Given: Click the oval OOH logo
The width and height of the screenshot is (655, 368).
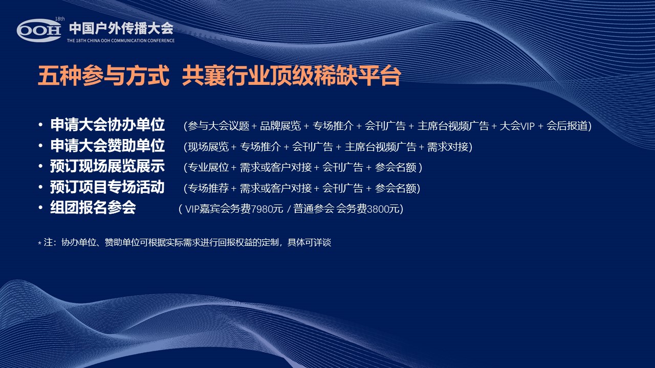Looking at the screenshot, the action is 39,30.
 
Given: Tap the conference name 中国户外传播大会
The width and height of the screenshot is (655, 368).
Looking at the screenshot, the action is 121,28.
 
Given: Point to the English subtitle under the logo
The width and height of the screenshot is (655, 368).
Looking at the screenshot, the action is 121,40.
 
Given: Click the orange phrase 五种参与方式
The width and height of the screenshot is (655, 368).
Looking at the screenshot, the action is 103,76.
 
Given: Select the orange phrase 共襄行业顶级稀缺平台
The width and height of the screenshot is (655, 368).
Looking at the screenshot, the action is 291,76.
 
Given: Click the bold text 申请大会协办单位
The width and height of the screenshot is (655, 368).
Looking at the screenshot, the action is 107,125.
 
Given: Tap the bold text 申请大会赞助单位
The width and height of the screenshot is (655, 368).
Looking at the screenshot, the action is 107,146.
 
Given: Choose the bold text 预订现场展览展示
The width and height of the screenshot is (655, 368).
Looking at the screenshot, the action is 107,167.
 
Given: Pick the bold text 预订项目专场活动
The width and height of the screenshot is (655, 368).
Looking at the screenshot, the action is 107,187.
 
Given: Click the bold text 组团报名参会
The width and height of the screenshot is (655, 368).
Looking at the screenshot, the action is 93,208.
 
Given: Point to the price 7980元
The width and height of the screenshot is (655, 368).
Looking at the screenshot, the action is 267,209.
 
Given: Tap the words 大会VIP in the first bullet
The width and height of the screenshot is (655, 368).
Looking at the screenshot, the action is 517,126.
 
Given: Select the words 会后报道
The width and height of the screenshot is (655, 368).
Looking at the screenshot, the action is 567,126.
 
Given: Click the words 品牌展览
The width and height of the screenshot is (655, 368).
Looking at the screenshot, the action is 280,126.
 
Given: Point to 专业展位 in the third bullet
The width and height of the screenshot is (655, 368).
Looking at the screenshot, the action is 208,167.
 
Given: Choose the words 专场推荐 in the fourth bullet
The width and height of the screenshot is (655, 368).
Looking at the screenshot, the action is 208,188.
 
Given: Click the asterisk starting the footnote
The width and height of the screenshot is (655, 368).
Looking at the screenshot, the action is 39,243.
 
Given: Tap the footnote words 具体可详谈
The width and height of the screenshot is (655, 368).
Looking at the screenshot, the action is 309,242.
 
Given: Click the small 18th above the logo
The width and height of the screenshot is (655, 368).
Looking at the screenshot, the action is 60,19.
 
